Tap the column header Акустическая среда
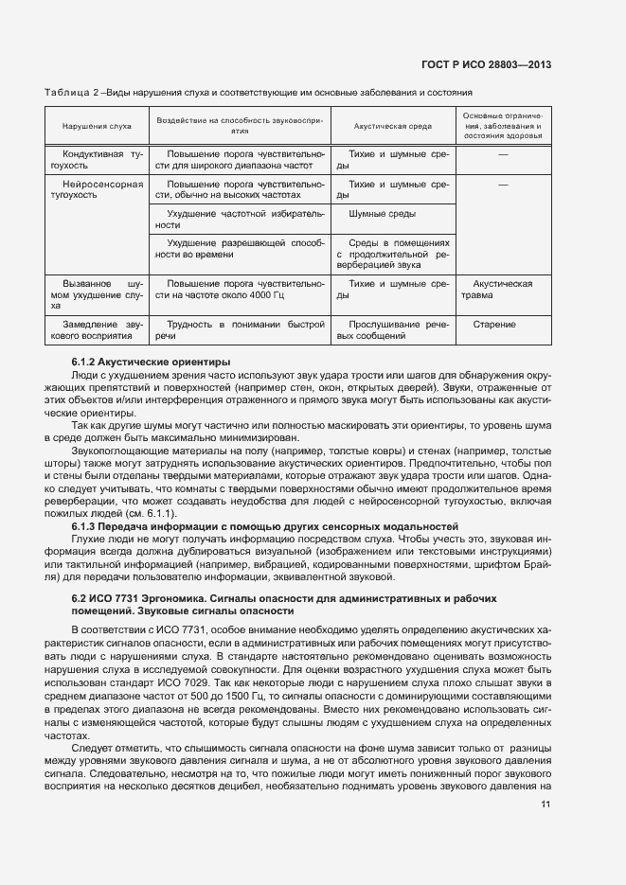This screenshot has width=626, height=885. (x=392, y=125)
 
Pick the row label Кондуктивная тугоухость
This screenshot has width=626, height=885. (x=97, y=159)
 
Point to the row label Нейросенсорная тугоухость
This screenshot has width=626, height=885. (x=97, y=189)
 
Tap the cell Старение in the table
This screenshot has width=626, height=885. (x=503, y=325)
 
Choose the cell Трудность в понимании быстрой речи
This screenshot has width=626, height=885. (x=240, y=330)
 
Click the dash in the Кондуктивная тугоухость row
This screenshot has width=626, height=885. (x=503, y=153)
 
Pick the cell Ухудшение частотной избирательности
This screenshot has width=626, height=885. (x=240, y=220)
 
